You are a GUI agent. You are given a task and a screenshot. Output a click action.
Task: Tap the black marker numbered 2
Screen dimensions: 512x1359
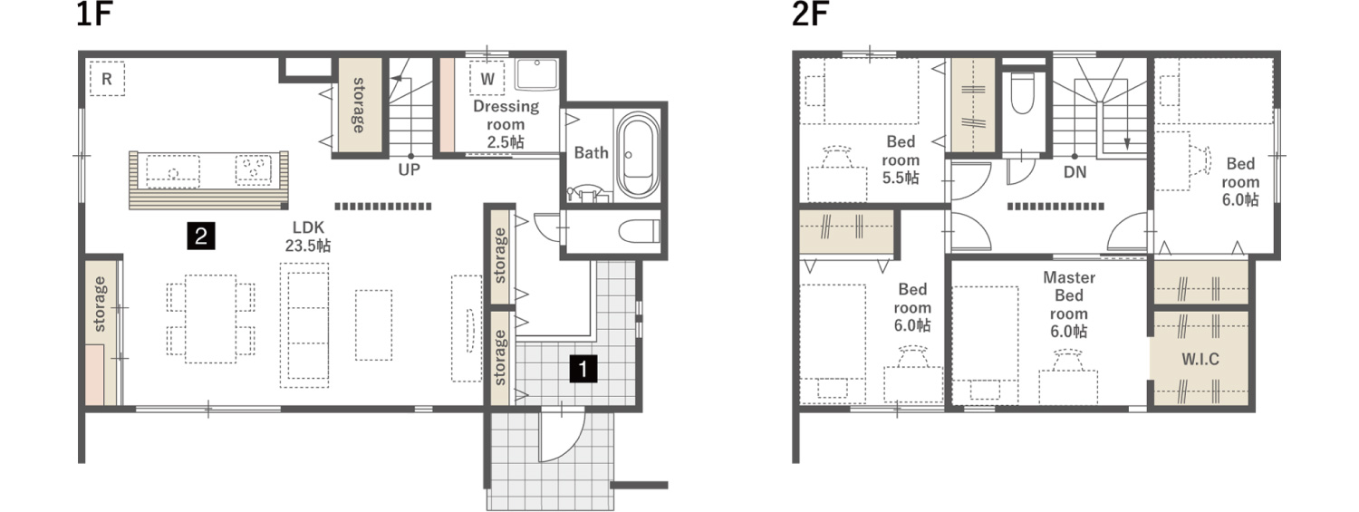[199, 237]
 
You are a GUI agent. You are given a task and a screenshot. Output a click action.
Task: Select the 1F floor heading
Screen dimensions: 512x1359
[94, 15]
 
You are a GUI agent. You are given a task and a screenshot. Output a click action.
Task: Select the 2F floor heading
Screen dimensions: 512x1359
[810, 15]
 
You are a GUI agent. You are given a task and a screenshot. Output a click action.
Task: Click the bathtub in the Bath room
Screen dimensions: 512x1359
[638, 155]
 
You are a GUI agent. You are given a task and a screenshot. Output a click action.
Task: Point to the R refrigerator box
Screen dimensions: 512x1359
[107, 80]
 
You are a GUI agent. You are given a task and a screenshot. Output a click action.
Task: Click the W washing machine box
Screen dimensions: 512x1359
[487, 80]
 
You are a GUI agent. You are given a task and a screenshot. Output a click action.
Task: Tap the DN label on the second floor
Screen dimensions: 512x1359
[1075, 170]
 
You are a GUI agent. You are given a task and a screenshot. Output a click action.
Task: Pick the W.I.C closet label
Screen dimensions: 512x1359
[1200, 359]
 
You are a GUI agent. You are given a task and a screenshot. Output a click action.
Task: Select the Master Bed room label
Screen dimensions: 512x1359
[1070, 304]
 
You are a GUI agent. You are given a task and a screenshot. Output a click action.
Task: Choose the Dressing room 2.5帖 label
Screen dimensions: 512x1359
[506, 123]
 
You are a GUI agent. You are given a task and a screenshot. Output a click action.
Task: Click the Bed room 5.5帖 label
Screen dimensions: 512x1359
[901, 159]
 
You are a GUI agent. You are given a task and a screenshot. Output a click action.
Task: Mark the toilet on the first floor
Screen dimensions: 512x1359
[638, 230]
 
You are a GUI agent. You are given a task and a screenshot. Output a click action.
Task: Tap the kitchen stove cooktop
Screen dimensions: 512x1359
[254, 168]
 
